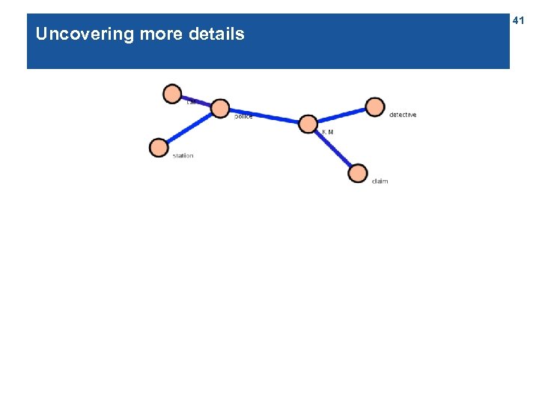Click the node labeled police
click(219, 109)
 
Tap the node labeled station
click(159, 148)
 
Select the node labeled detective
click(375, 107)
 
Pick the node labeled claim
click(358, 173)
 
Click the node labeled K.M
click(308, 124)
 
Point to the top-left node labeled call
click(172, 94)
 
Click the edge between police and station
click(189, 128)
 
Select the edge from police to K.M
click(264, 116)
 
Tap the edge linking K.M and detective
click(341, 115)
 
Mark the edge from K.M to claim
click(333, 149)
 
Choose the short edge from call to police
click(196, 101)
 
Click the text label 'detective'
click(403, 115)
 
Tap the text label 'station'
click(183, 156)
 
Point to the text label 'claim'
click(380, 181)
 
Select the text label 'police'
click(243, 116)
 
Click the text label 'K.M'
click(328, 132)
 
